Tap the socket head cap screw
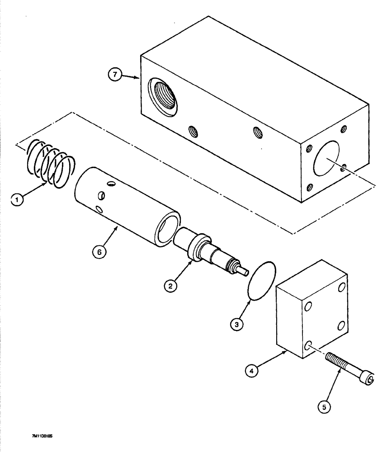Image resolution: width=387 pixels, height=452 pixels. click(x=348, y=370)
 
